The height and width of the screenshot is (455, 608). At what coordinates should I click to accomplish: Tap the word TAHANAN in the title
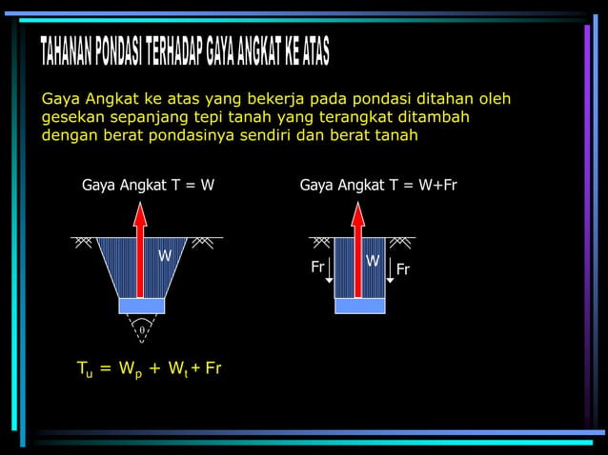coord(67,54)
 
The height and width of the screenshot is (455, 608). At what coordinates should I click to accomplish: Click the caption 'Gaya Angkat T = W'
coord(148,186)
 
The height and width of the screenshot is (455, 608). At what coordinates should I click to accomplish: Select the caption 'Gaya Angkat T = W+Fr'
coord(378,186)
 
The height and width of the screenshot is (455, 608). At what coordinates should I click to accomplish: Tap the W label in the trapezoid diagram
coord(165,257)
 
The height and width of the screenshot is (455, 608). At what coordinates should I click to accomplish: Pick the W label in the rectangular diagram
coord(373,261)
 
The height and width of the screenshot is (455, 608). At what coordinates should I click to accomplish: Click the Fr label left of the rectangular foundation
coord(318,267)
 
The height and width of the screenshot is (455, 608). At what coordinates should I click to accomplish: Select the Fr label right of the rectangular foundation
coord(403,270)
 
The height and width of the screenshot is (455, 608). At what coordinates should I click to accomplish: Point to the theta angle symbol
coord(142,329)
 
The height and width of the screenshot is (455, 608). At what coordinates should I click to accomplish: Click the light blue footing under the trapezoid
coord(141,306)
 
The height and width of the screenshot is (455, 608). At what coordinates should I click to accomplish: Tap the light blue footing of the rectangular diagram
coord(359,306)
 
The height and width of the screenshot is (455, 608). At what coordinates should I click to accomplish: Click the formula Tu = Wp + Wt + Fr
coord(149,368)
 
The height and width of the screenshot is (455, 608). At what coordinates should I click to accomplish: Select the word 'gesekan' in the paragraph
coord(72,117)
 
